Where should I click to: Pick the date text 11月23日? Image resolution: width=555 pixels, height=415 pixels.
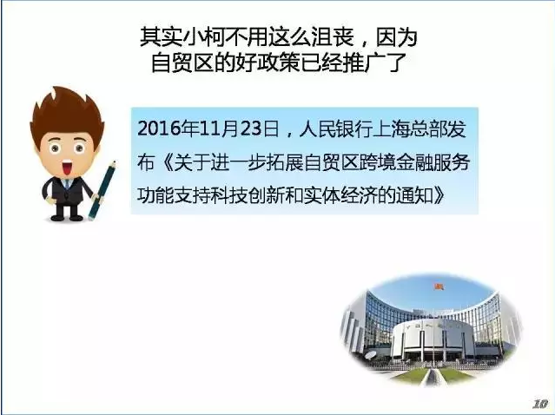point(239,128)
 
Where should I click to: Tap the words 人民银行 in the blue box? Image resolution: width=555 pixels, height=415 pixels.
point(336,128)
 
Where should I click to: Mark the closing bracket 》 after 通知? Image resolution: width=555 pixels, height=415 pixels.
point(439,196)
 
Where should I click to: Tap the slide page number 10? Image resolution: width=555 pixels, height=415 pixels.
point(540,404)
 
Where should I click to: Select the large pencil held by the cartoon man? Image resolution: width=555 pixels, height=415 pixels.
point(102,191)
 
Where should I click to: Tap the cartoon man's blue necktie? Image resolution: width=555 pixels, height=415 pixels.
point(67,184)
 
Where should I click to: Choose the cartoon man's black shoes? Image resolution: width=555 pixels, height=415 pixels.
point(66,217)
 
